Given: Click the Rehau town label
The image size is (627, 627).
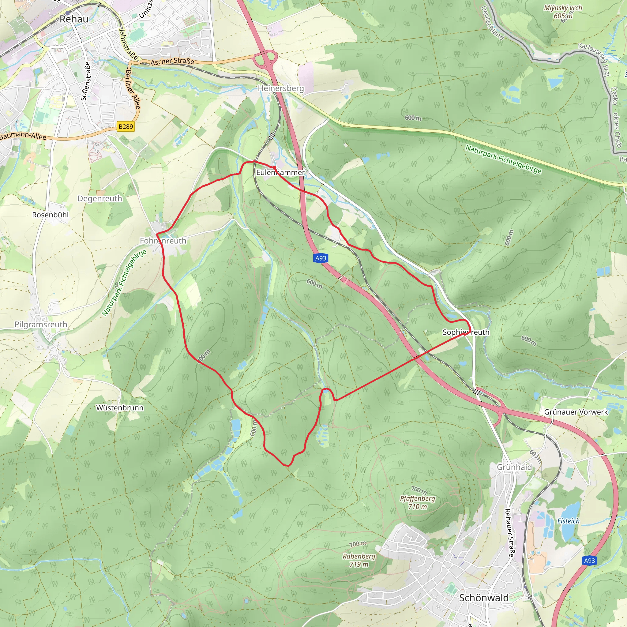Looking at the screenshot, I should coord(74,19).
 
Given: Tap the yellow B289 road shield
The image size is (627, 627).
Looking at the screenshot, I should coord(126,126).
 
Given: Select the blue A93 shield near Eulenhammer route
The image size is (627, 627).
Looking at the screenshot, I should coord(321,258).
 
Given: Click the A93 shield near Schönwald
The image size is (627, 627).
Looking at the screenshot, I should coord(589,561).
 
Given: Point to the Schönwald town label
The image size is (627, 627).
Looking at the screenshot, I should coord(483,598).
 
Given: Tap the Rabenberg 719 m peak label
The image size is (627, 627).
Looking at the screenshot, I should coord(359,560).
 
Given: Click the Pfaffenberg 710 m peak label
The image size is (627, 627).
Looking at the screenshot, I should coord(417,502).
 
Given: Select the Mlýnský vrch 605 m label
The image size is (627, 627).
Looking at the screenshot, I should coord(563,12).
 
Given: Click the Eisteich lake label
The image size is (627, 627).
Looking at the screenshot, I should coord(568,521).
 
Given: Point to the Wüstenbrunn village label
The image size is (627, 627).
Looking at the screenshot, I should coord(120,407).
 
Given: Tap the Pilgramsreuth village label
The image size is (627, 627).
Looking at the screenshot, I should coord(41,325).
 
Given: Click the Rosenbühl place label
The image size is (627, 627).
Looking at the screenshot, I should coord(50,215).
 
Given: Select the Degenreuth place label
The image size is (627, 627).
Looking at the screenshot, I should coord(99,199).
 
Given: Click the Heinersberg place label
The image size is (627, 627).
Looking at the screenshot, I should coord(281,88).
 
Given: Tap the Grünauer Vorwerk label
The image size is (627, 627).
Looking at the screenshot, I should coord(576,412).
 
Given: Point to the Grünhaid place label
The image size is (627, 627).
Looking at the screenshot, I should coord(514,467).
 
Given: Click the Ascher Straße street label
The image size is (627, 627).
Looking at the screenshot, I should coord(172,61).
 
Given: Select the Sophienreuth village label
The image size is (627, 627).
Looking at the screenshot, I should coord(466,332).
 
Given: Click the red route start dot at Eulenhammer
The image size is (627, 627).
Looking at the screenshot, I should coord(275,167).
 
